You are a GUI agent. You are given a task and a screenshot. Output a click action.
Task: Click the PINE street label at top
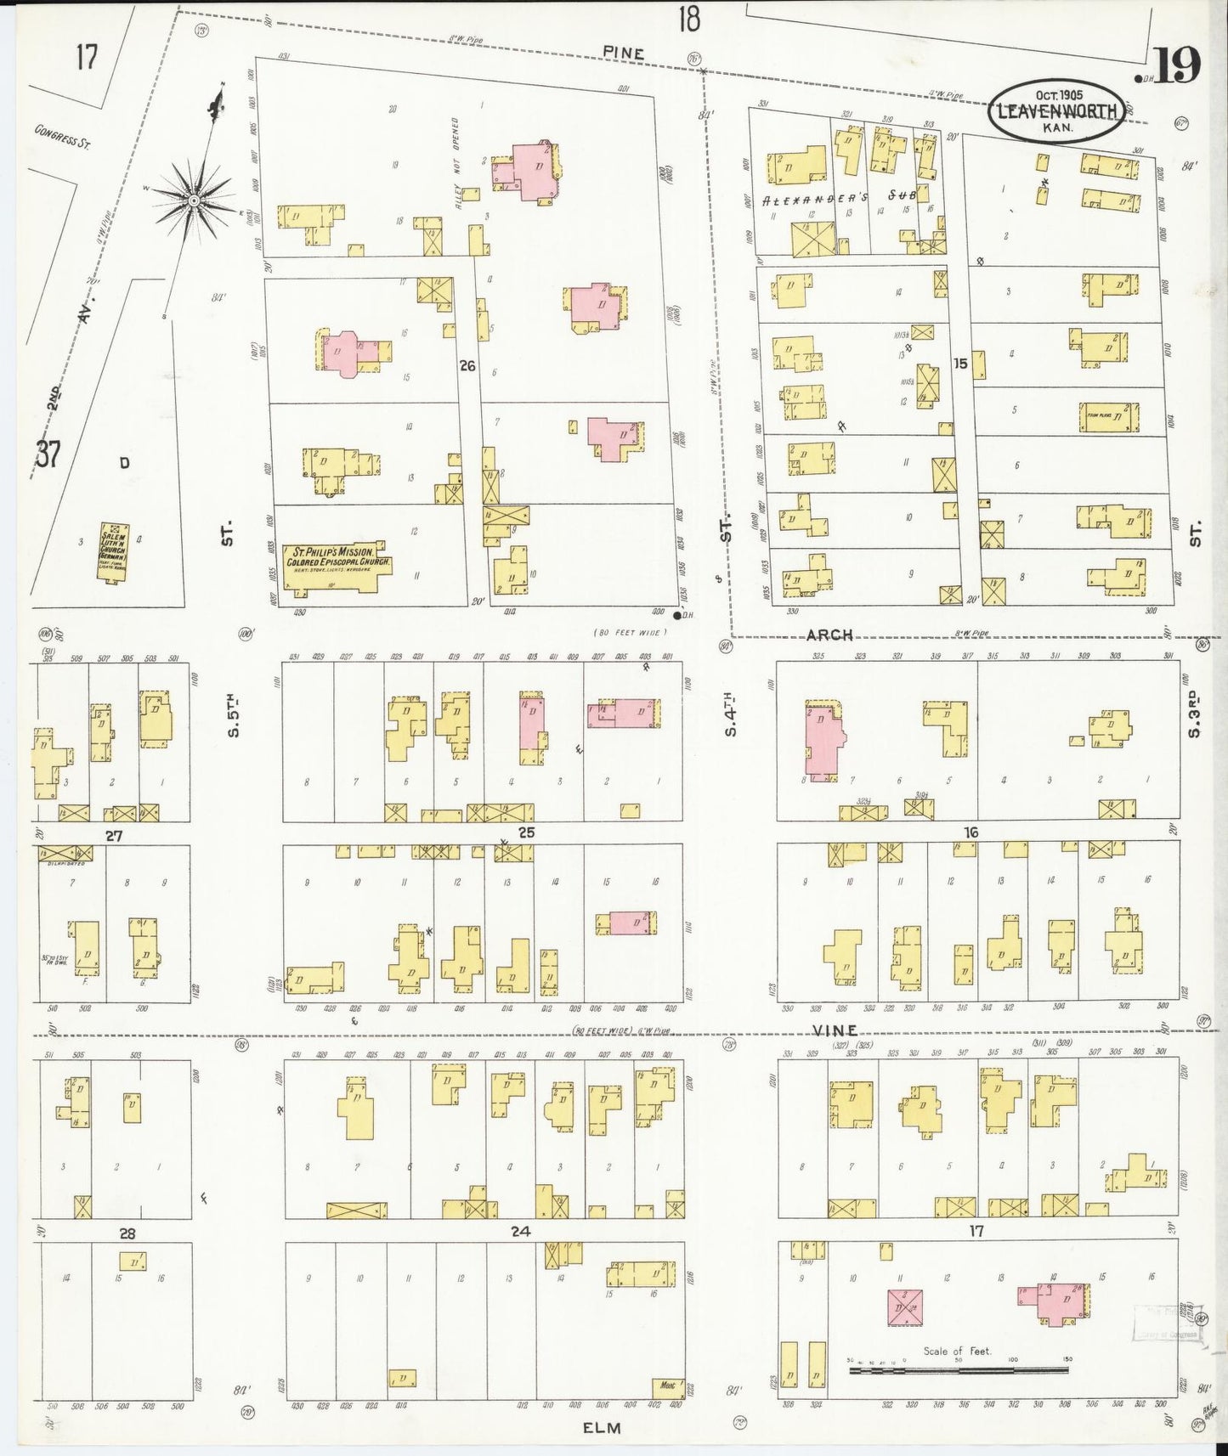pos(624,53)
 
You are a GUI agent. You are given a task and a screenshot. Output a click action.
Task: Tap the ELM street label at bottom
pos(602,1428)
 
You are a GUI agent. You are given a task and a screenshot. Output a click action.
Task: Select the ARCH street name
pos(829,635)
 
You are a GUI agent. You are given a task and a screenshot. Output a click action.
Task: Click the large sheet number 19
pos(1176,65)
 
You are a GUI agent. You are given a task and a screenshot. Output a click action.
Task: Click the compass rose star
pos(194,200)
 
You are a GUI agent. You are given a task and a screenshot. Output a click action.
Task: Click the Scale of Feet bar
pos(959,1369)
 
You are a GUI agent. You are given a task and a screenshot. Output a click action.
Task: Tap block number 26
pos(467,366)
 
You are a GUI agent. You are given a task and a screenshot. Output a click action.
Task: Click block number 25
pos(526,832)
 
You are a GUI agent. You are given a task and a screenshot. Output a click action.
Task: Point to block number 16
pos(971,832)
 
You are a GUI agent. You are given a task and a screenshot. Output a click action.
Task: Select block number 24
pos(520,1231)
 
